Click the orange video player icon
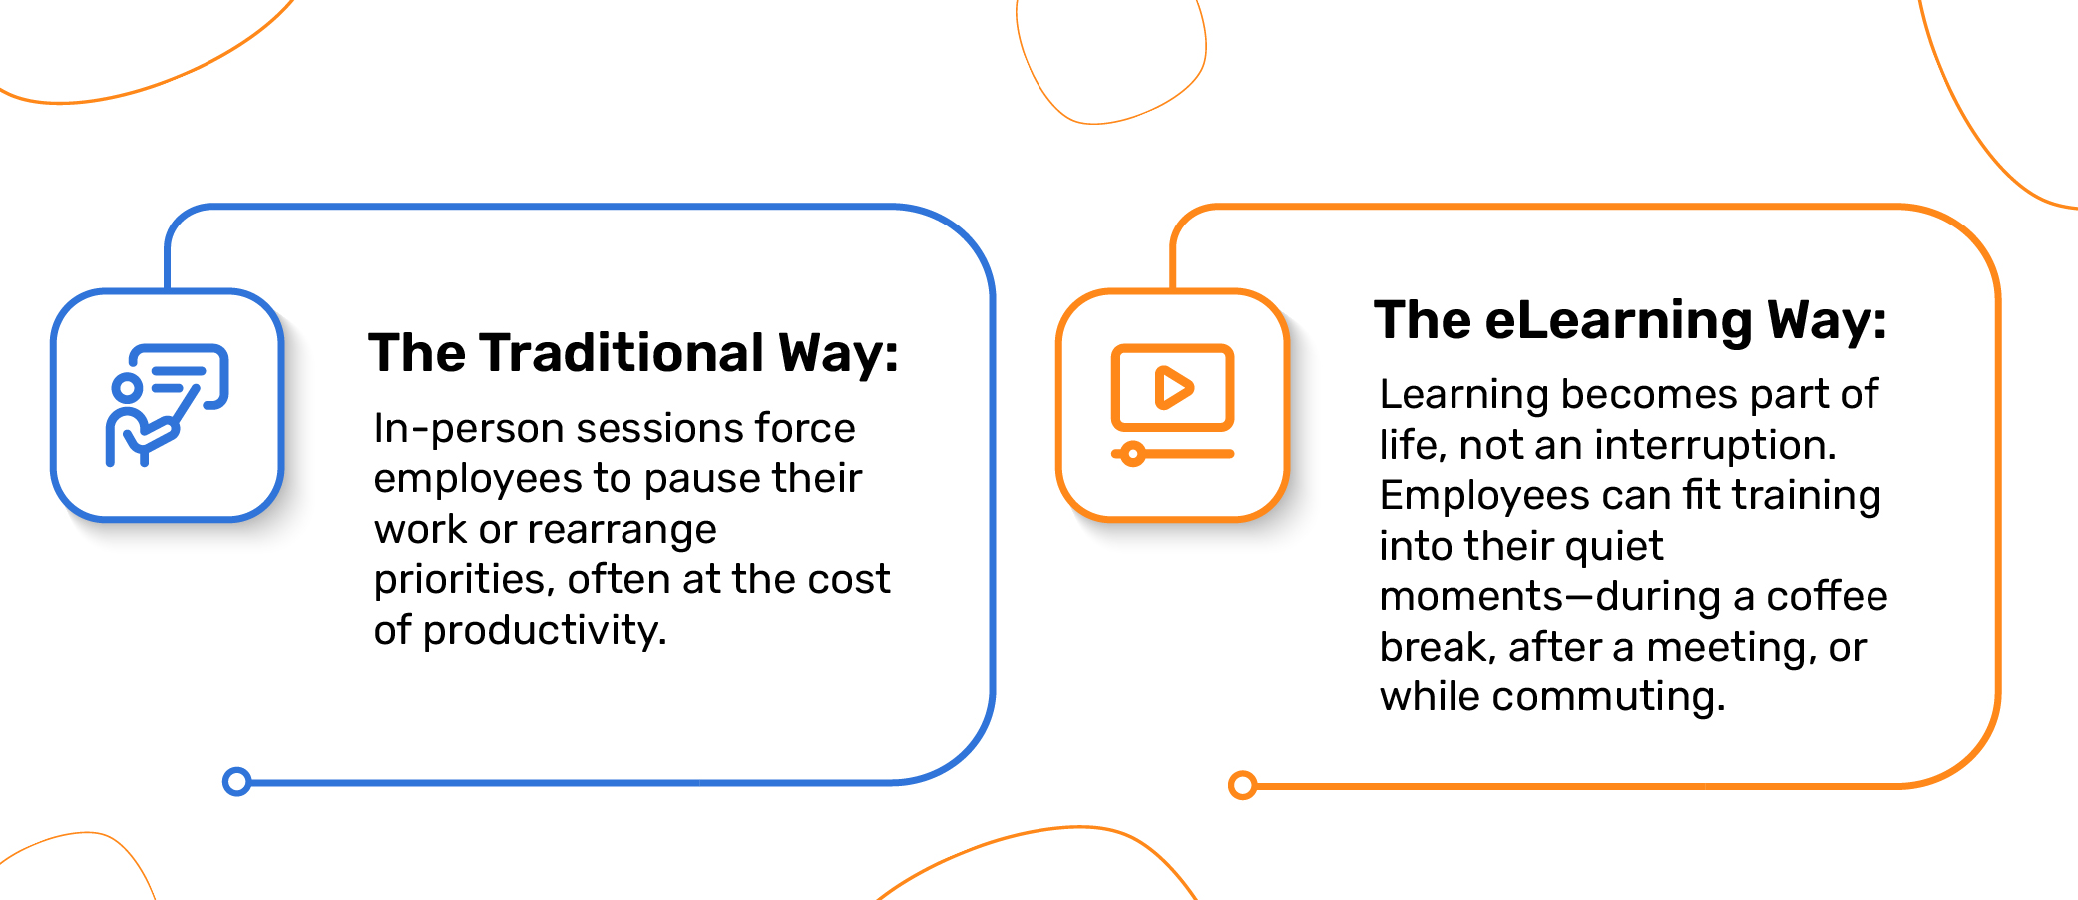tap(1173, 404)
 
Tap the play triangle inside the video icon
tap(1174, 387)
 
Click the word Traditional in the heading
tap(622, 353)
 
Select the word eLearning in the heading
tap(1618, 321)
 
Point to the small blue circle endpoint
tap(236, 781)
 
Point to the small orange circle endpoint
tap(1242, 785)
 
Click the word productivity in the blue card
tap(545, 631)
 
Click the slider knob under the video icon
tap(1132, 455)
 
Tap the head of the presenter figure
tap(127, 388)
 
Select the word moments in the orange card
tap(1471, 597)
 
